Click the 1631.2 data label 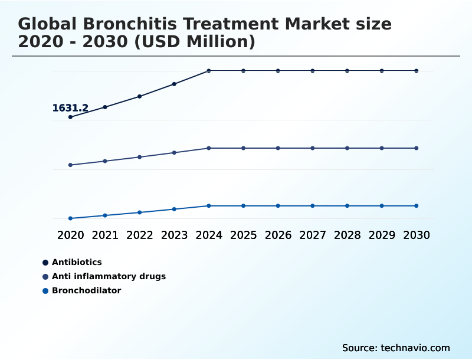[x=70, y=108]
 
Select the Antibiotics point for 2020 [x=71, y=117]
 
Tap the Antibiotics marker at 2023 [x=174, y=84]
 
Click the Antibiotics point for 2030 [x=416, y=71]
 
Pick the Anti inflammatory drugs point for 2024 [x=209, y=148]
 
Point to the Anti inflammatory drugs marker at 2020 [x=71, y=165]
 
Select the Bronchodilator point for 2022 [x=140, y=212]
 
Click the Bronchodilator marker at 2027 [x=313, y=206]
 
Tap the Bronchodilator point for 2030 [x=416, y=206]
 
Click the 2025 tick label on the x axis [x=243, y=235]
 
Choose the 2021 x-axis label [x=105, y=235]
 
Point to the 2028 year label [x=347, y=235]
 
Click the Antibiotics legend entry [x=77, y=262]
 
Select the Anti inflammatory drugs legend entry [x=109, y=276]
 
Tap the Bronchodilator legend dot [x=45, y=290]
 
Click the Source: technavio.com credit [x=396, y=348]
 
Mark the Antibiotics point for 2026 [x=278, y=71]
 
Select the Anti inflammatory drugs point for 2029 [x=382, y=148]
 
